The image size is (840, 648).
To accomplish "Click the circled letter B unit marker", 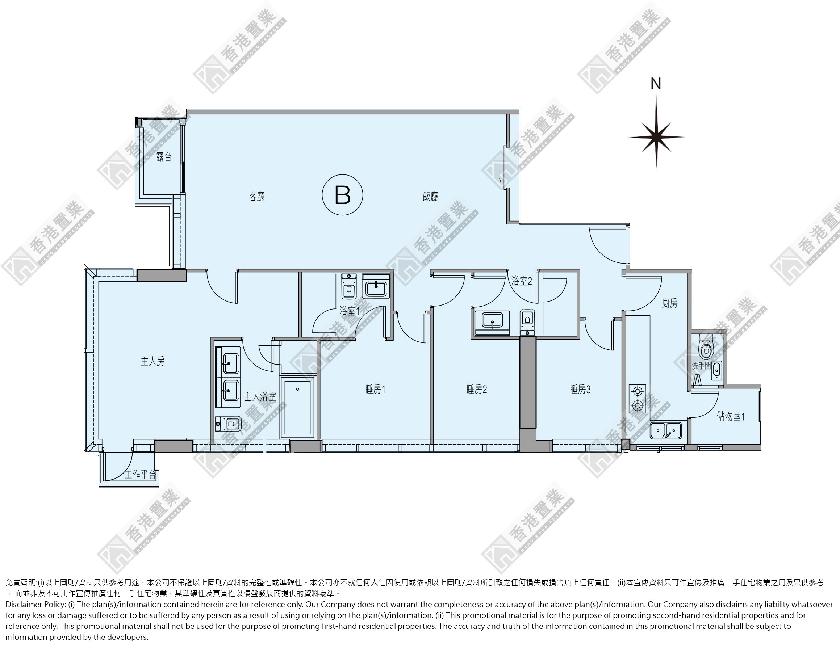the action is pyautogui.click(x=342, y=195).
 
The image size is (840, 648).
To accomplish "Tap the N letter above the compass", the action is pyautogui.click(x=656, y=84).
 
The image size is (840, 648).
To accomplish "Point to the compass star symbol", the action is pyautogui.click(x=656, y=137).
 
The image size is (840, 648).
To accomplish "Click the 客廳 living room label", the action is pyautogui.click(x=256, y=197).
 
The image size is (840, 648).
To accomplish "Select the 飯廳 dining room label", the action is pyautogui.click(x=430, y=197).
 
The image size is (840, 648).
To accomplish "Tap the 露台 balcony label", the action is pyautogui.click(x=164, y=157).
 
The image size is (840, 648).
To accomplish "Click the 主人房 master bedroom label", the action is pyautogui.click(x=153, y=361).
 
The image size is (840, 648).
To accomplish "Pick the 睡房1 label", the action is pyautogui.click(x=375, y=389).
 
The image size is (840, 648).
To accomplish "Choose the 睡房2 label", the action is pyautogui.click(x=477, y=389).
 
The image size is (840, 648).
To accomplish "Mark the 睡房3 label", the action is pyautogui.click(x=580, y=389).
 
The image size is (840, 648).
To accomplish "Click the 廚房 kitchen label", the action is pyautogui.click(x=670, y=303).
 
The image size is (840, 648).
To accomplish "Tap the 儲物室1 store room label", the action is pyautogui.click(x=731, y=416).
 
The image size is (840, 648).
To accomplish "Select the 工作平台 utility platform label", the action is pyautogui.click(x=141, y=475).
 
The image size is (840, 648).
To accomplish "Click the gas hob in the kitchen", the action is pyautogui.click(x=637, y=399).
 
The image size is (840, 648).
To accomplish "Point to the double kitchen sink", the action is pyautogui.click(x=665, y=430).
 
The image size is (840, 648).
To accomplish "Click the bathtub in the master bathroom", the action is pyautogui.click(x=297, y=407).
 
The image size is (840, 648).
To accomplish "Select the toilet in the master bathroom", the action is pyautogui.click(x=229, y=424).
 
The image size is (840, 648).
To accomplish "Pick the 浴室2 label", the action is pyautogui.click(x=522, y=281).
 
